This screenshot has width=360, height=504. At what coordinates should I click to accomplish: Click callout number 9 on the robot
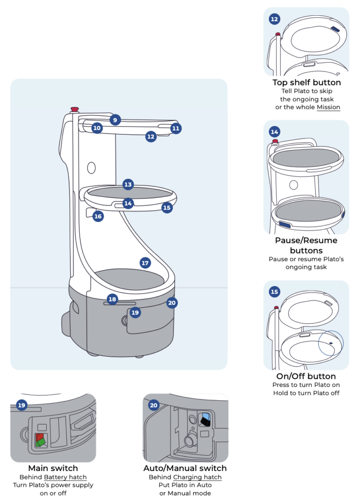[x=115, y=120]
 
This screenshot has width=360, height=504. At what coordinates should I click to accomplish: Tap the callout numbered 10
[x=97, y=128]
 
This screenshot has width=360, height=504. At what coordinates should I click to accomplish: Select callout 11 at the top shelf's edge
[x=176, y=128]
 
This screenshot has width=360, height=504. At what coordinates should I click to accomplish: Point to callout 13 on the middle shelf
[x=128, y=185]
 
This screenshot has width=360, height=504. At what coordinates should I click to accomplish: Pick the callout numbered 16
[x=98, y=216]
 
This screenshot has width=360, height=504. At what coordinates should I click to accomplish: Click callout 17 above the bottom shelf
[x=145, y=263]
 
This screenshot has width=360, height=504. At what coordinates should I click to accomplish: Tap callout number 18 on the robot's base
[x=112, y=299]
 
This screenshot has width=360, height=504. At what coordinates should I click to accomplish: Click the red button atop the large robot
[x=75, y=109]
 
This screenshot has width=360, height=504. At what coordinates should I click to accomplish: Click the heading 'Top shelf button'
[x=306, y=83]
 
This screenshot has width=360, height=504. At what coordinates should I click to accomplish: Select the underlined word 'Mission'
[x=328, y=107]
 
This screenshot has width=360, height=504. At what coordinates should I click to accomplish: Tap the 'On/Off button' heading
[x=306, y=376]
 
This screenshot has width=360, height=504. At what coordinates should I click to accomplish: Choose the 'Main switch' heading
[x=53, y=468]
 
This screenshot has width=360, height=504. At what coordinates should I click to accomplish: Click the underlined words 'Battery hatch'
[x=65, y=477]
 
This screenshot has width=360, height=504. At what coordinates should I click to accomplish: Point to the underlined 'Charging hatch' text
[x=197, y=477]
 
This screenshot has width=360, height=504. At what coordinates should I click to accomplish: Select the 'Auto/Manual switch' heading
[x=185, y=468]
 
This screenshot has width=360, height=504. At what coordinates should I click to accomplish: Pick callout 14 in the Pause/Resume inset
[x=274, y=132]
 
